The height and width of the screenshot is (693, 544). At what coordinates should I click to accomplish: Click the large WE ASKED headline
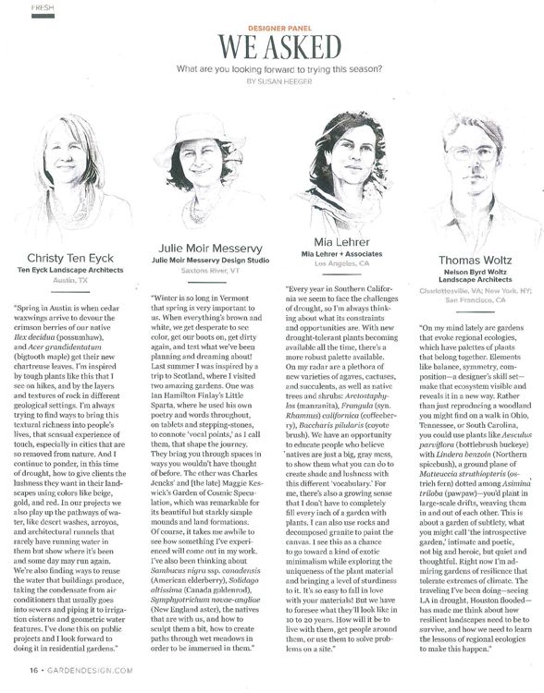coord(272,48)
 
